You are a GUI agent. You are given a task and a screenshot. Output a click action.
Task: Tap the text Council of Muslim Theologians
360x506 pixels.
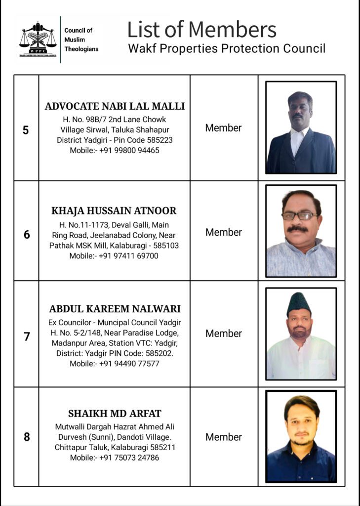tap(81, 40)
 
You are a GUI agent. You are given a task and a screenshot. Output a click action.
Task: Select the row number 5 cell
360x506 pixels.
tap(26, 130)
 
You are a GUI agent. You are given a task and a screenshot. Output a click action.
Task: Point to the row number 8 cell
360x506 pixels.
tap(26, 437)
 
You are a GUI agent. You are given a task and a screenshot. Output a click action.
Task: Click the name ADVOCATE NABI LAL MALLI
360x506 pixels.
tap(115, 106)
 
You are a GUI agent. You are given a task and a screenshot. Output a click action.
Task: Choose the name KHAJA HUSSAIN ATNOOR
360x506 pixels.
tap(114, 211)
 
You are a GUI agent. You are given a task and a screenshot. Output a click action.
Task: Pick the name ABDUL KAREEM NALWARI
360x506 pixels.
tap(115, 309)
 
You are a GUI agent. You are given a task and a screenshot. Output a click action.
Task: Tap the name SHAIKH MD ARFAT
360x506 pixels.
tap(115, 414)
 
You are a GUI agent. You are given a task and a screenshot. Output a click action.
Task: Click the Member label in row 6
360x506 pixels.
tap(223, 232)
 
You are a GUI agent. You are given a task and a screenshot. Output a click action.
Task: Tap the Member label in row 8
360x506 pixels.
tap(223, 437)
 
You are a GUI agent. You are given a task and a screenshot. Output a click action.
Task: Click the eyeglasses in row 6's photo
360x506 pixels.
tap(300, 215)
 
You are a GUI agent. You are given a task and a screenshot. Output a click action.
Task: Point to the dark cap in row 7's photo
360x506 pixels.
tap(299, 303)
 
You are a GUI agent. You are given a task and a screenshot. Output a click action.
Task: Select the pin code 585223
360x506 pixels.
tap(159, 140)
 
